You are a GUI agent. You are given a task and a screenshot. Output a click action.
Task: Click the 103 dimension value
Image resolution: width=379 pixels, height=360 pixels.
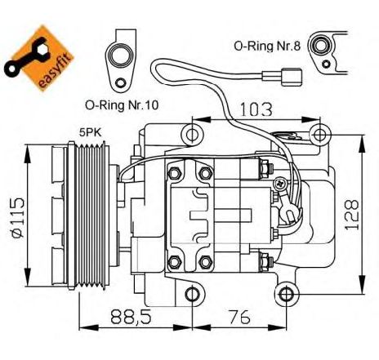point(256,109)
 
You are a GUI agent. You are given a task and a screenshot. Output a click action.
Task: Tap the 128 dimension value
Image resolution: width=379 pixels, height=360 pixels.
point(352,215)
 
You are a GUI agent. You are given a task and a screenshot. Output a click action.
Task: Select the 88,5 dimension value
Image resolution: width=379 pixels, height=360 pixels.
point(131,317)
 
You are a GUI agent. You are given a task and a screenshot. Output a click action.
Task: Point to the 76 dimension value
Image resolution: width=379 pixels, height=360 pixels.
point(239,317)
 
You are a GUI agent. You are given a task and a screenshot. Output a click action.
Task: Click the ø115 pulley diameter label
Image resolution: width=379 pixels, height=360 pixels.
point(18,218)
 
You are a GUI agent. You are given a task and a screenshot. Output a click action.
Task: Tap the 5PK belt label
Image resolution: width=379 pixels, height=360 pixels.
point(90,132)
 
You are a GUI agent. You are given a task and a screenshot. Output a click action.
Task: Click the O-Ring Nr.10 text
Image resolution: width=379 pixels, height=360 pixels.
point(122,105)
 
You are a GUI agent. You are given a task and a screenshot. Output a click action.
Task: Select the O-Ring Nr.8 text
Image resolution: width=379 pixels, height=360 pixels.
point(267,46)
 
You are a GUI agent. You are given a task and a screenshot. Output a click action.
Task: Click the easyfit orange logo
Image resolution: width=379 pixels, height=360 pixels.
point(39,59)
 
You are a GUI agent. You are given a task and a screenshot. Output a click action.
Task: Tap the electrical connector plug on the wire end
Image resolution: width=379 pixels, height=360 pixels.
point(292,78)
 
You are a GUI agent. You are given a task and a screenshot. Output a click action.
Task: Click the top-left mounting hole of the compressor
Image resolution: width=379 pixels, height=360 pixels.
point(192,135)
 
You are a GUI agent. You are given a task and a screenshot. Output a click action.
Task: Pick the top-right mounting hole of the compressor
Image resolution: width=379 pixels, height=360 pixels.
point(319,135)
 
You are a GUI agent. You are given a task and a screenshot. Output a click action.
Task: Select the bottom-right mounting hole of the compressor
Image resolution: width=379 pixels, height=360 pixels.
point(286,294)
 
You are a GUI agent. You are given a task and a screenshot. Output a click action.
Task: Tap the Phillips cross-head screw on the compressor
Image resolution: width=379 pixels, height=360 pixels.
point(280,183)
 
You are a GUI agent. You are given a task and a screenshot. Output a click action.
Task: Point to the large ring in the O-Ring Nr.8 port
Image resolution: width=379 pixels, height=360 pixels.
point(321,45)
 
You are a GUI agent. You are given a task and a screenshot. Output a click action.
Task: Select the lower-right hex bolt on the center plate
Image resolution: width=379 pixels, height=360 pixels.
point(206,262)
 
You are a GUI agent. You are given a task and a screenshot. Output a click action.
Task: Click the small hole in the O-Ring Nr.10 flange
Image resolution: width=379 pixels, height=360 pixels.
point(119,82)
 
